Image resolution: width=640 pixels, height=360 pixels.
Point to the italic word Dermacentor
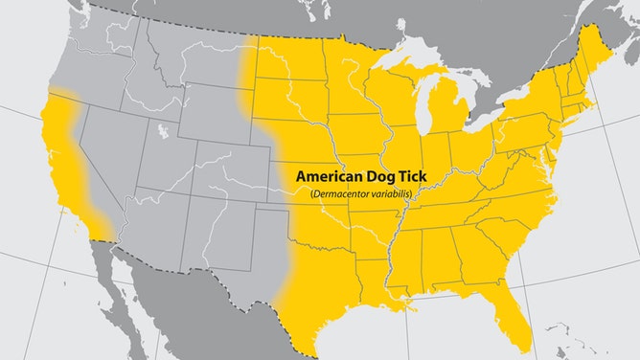point(342,194)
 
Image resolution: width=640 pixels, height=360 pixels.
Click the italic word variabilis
point(396,194)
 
